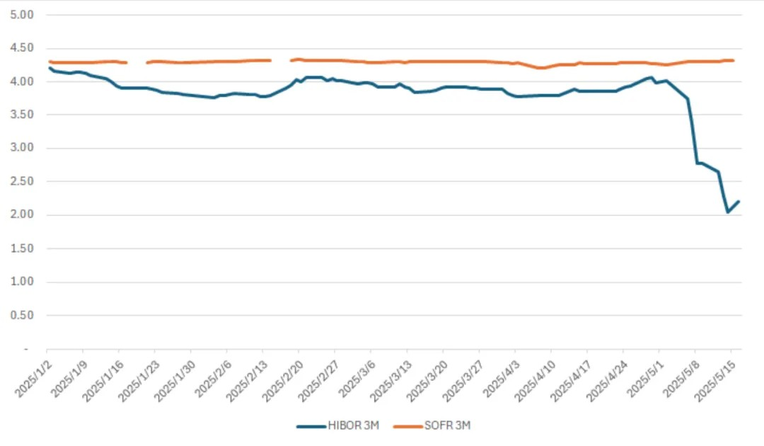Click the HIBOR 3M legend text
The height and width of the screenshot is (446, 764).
tap(353, 425)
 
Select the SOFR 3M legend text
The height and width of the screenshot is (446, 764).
tap(448, 425)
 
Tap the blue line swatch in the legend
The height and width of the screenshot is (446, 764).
tap(311, 425)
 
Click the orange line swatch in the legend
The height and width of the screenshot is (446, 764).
tap(407, 425)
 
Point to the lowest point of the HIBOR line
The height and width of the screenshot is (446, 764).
tap(728, 212)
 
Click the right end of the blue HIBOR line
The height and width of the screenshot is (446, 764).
tap(739, 201)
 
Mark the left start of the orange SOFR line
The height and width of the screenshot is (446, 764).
tap(48, 62)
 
